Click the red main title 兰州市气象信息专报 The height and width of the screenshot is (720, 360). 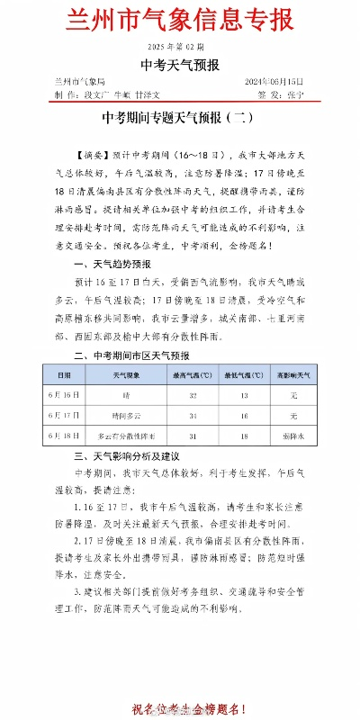180,20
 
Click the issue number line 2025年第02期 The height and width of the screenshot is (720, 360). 180,46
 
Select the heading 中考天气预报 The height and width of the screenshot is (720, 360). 180,65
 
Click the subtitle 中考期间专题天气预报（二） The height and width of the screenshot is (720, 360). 180,117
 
